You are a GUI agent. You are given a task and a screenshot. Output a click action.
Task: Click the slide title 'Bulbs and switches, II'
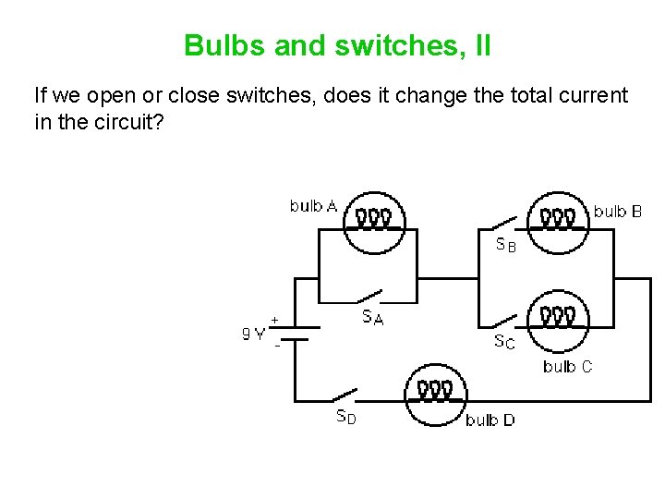(x=337, y=44)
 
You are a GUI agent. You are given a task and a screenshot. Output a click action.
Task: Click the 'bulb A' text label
(x=313, y=205)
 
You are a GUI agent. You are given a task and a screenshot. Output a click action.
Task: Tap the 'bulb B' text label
(x=618, y=212)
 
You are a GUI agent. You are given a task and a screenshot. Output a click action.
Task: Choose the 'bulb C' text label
(x=567, y=367)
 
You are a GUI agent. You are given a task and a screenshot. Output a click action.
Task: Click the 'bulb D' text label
(x=490, y=420)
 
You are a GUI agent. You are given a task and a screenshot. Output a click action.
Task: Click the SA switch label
(x=373, y=317)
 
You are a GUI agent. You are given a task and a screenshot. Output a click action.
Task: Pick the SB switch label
(x=506, y=246)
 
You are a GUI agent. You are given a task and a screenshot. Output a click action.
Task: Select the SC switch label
(x=504, y=343)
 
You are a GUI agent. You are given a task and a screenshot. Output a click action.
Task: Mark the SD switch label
(x=345, y=417)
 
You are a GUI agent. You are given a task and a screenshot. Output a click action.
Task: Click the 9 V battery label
(x=253, y=335)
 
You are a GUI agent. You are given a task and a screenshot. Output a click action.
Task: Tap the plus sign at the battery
(x=274, y=319)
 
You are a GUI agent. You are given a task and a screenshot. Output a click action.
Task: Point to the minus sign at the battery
(x=276, y=347)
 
